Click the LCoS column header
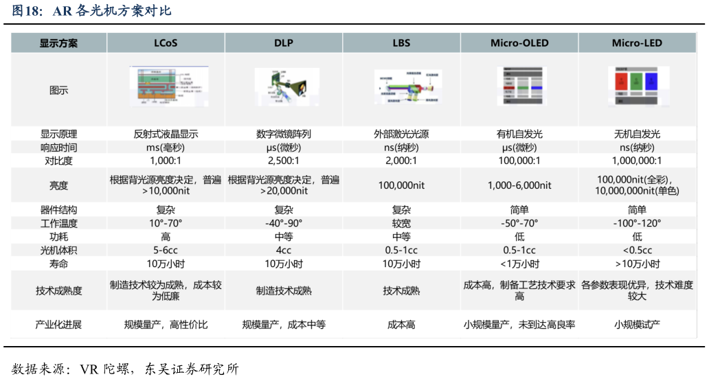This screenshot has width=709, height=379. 166,43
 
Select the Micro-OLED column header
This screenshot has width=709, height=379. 519,43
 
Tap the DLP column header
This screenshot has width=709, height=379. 284,43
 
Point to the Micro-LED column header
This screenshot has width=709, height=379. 637,43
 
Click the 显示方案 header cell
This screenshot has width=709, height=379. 58,43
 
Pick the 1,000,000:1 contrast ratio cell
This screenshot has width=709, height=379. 637,161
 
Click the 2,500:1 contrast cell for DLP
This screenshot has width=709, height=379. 284,161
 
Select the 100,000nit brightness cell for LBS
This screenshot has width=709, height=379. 401,185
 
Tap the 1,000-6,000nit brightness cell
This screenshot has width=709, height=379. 519,185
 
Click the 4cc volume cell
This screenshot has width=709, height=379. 284,250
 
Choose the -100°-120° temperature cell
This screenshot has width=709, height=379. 637,223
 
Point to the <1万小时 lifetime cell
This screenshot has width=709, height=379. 519,264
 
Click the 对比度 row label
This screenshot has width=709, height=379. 58,161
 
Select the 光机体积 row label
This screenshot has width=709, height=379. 58,250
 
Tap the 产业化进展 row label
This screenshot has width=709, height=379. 58,324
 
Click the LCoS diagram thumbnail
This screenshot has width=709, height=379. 166,87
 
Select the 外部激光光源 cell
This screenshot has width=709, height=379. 401,134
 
